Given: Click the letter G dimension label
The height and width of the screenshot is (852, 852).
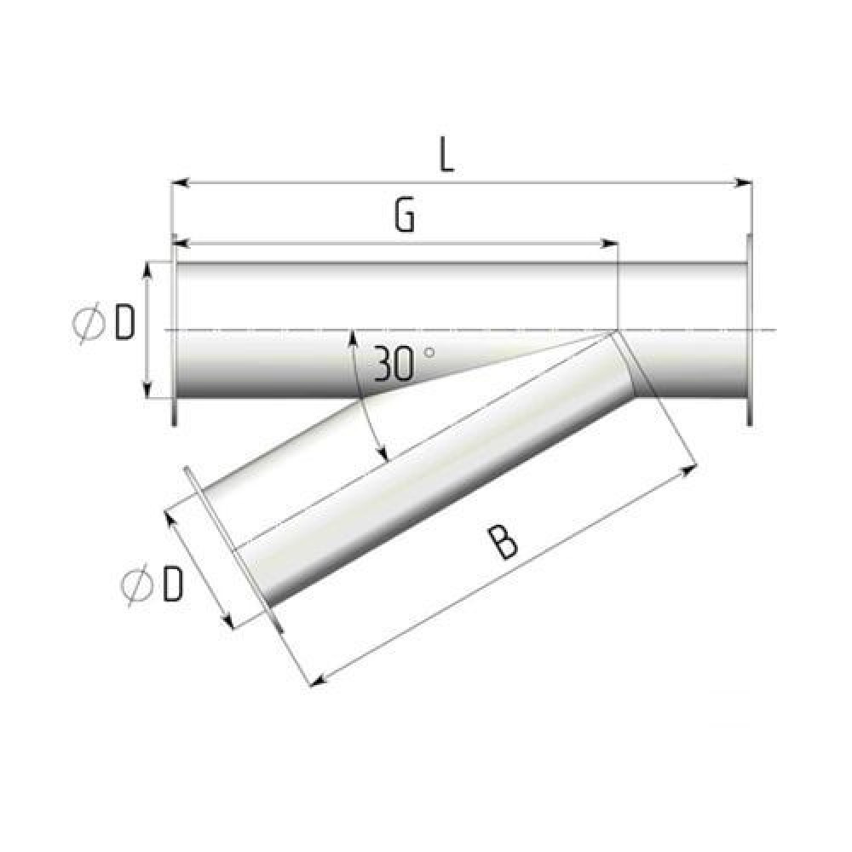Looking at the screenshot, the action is [x=404, y=216].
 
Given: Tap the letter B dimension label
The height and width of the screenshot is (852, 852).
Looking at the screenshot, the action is [x=504, y=542].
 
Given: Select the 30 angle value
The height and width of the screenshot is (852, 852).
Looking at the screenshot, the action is [x=394, y=364].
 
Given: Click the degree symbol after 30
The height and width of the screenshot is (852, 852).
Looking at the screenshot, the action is [x=429, y=353].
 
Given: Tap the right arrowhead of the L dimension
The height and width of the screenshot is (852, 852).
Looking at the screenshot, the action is [x=744, y=182].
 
